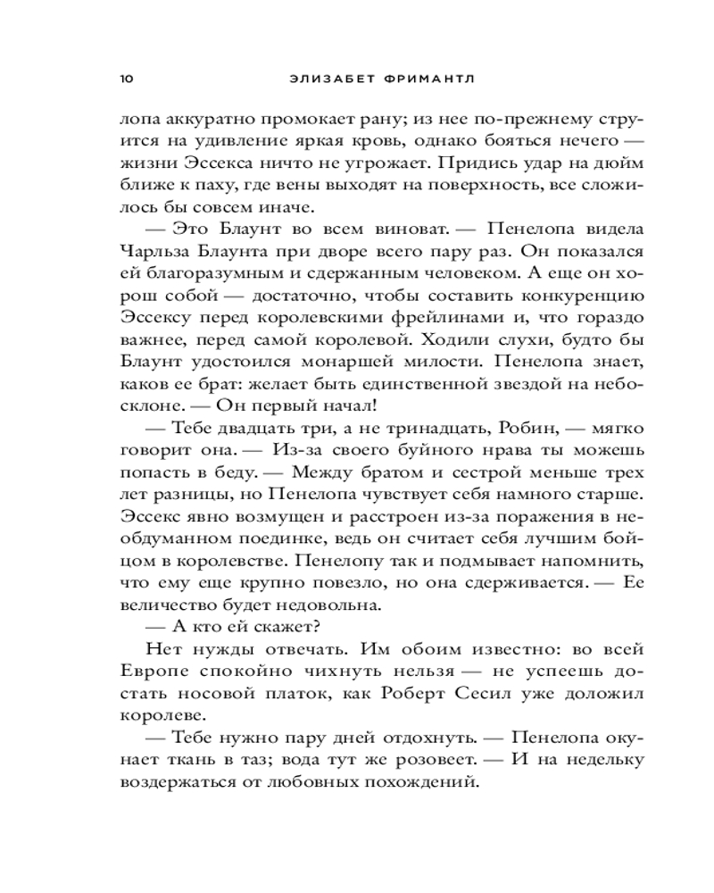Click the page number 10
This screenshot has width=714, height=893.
point(126,78)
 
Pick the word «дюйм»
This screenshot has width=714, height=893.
point(620,165)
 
